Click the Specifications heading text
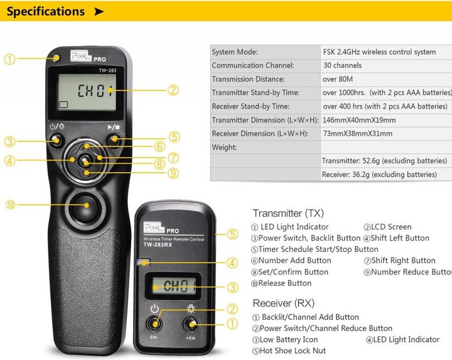(x=45, y=11)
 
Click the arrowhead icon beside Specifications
(x=99, y=11)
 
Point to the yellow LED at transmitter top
(x=57, y=57)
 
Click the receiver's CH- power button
(x=154, y=324)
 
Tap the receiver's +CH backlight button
(x=191, y=324)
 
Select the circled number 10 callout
(x=10, y=205)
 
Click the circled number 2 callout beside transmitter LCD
(x=173, y=90)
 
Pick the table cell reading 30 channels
(x=342, y=65)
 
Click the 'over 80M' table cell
(x=338, y=79)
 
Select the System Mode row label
(x=235, y=52)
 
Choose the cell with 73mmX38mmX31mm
(x=357, y=133)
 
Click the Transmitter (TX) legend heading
(x=288, y=214)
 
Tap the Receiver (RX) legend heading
(x=283, y=303)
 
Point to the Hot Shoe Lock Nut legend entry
(x=289, y=351)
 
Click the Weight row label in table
(x=224, y=147)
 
